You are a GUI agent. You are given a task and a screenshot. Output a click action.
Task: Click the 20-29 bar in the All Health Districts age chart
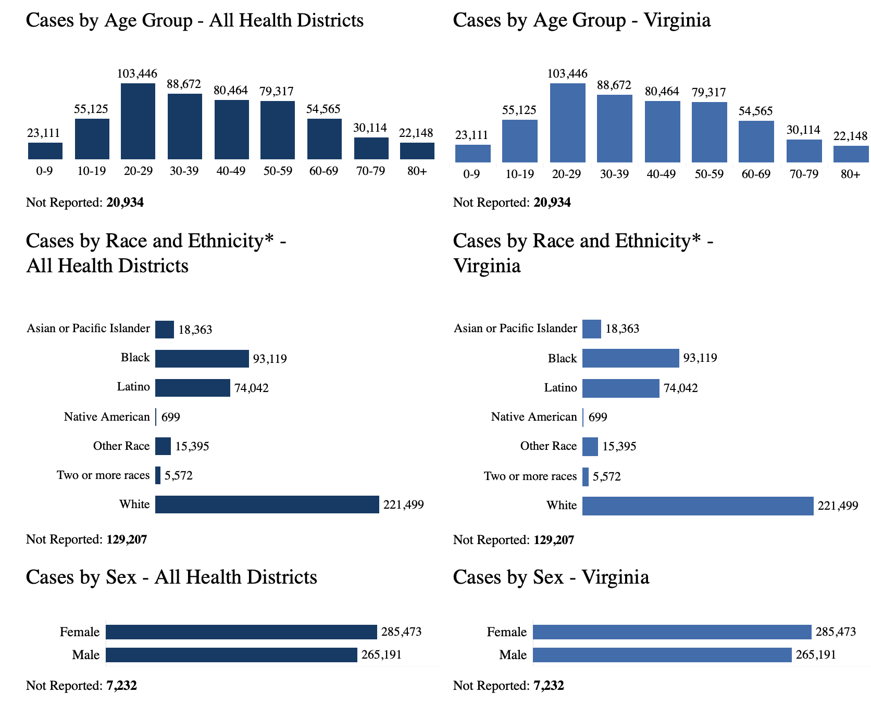(138, 121)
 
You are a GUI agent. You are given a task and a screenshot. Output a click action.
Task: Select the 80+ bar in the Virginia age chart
(851, 154)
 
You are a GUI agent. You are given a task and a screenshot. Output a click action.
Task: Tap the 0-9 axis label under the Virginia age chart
(471, 174)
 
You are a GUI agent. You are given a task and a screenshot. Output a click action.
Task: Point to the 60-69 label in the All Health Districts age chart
(323, 171)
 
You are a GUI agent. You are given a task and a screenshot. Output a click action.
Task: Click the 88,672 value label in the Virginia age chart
(614, 85)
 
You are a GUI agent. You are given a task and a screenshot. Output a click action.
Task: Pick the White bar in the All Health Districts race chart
(267, 505)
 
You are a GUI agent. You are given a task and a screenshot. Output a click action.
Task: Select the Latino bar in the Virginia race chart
(620, 388)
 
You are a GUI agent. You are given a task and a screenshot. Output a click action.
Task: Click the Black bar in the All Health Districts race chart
(202, 359)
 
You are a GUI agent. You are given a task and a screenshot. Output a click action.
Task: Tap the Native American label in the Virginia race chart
(534, 417)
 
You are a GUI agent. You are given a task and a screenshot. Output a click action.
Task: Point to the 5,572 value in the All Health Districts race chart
(179, 475)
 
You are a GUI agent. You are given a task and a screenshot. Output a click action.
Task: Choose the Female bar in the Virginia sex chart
(672, 632)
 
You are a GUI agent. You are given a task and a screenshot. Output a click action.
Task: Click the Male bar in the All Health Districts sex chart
(231, 655)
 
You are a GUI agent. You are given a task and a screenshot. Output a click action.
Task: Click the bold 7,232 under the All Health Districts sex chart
(121, 686)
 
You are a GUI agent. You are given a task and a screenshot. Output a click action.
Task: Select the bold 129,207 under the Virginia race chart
(554, 540)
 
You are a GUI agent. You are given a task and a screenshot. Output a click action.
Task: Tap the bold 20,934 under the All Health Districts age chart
(125, 203)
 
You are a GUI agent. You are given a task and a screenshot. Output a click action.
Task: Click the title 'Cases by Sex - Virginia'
(551, 577)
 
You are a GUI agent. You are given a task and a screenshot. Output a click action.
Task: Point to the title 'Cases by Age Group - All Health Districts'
(195, 21)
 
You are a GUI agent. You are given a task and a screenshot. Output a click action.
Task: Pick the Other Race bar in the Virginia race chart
(590, 447)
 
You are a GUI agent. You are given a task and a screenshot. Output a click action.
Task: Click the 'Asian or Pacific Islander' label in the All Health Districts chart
(88, 329)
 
